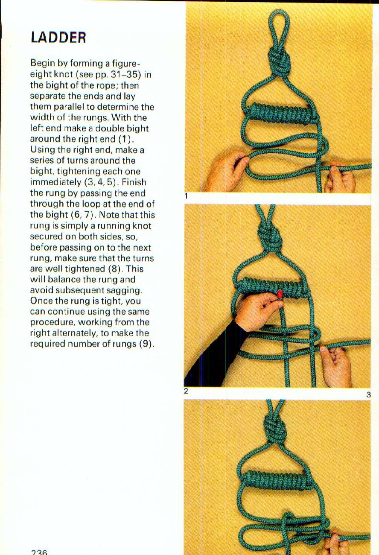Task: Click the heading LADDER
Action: pyautogui.click(x=58, y=38)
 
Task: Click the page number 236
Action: pyautogui.click(x=39, y=552)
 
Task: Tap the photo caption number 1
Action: pyautogui.click(x=186, y=196)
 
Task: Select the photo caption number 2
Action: pyautogui.click(x=186, y=391)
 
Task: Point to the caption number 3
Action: pyautogui.click(x=368, y=395)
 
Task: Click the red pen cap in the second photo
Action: pyautogui.click(x=280, y=295)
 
